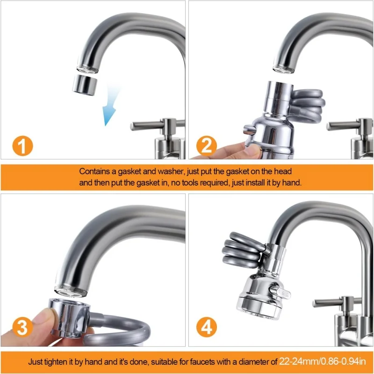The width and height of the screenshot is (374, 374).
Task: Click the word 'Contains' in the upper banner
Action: coord(93,172)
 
